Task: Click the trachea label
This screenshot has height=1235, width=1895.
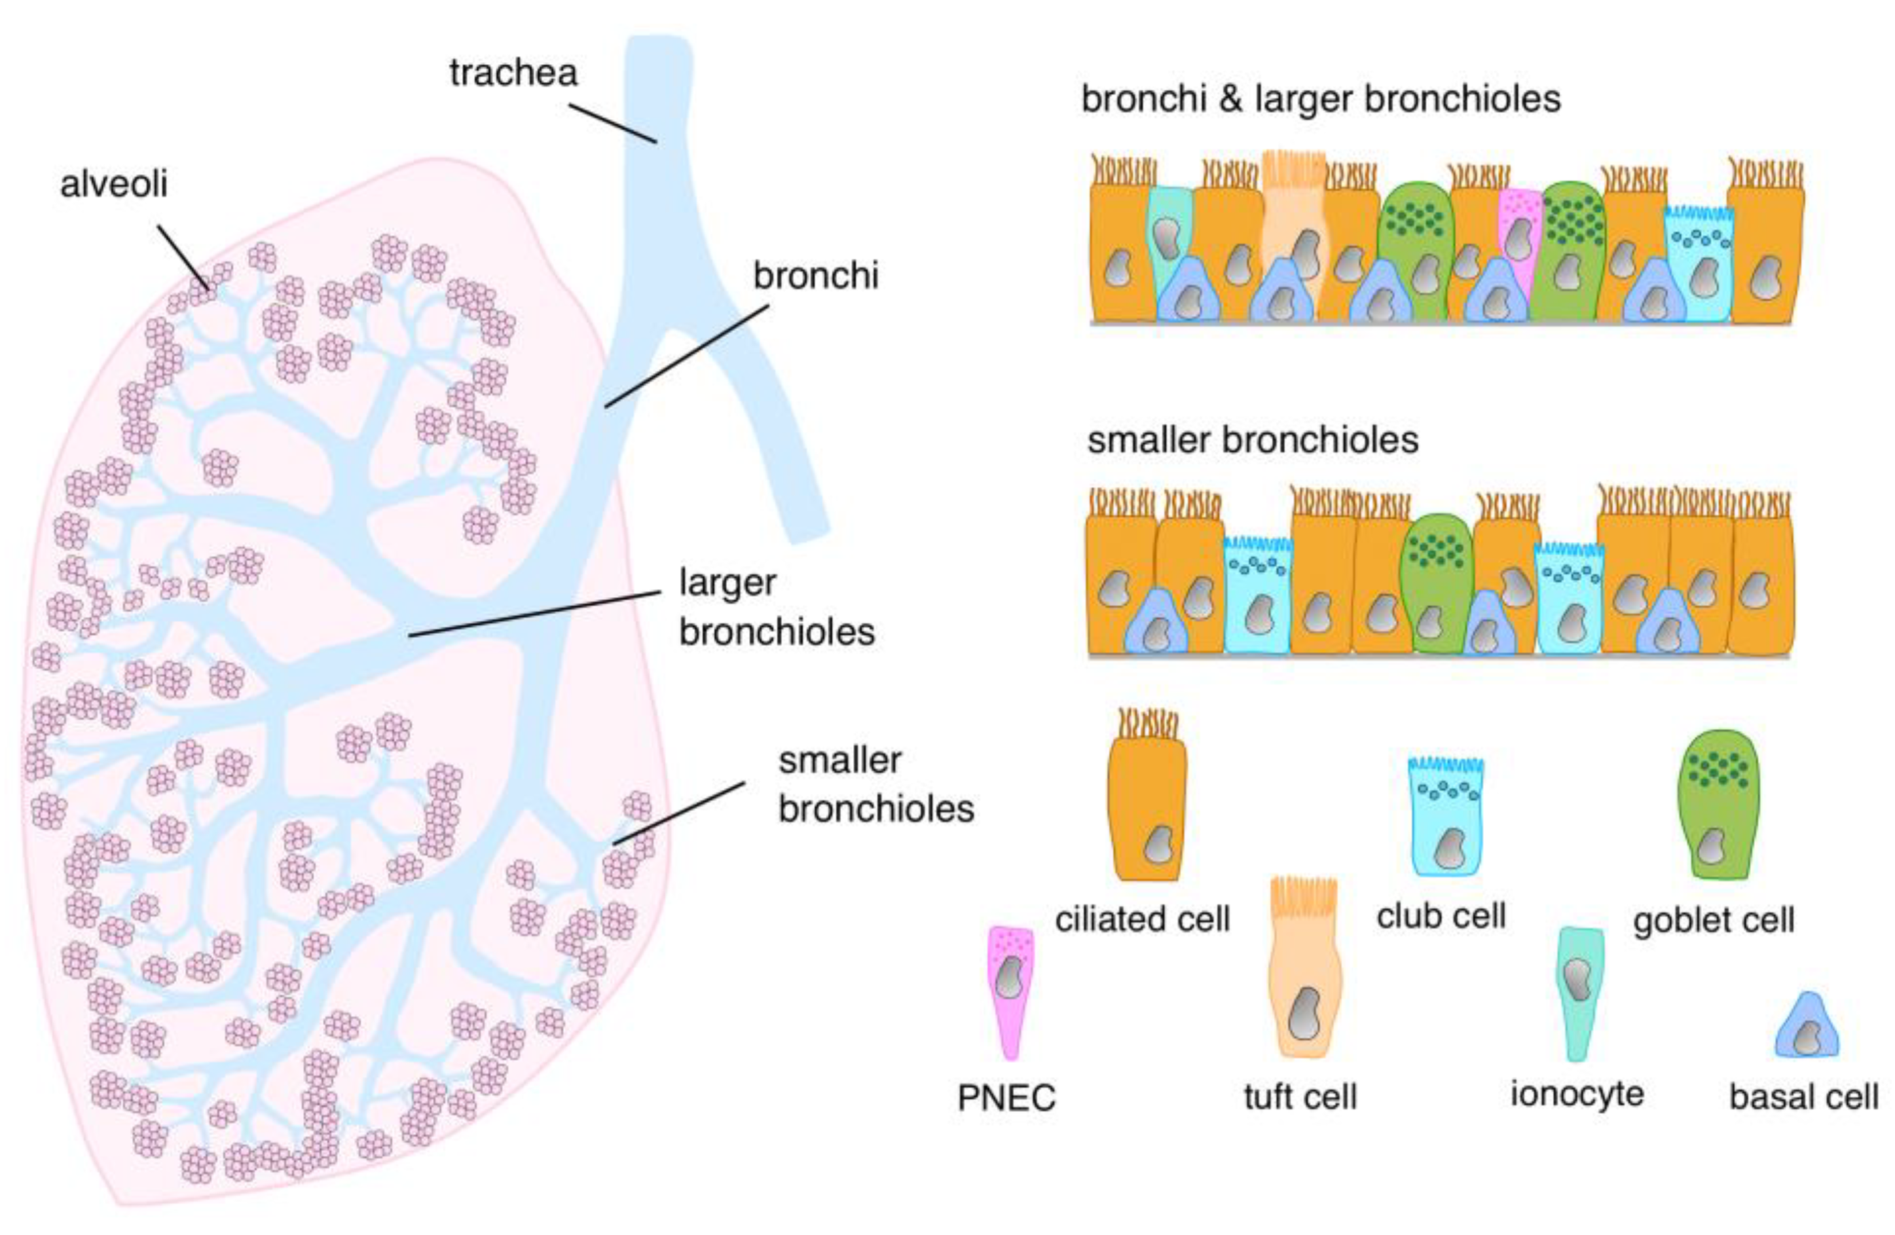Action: pos(513,73)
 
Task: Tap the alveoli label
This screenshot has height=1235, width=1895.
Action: pos(114,185)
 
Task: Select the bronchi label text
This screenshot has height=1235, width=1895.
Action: pos(815,276)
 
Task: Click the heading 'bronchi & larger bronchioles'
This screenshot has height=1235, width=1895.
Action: pos(1320,100)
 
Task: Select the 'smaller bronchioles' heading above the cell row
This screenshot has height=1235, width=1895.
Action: pos(1253,440)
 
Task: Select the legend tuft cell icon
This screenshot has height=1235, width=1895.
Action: pos(1304,976)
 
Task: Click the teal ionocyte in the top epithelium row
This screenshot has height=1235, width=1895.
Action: pos(1168,231)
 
